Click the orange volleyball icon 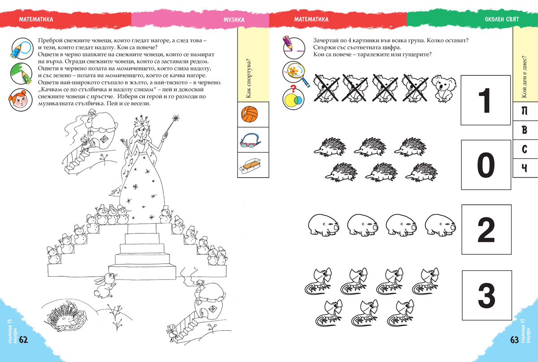pyautogui.click(x=250, y=114)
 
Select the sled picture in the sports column pyautogui.click(x=251, y=166)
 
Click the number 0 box pyautogui.click(x=486, y=165)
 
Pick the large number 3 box pyautogui.click(x=487, y=296)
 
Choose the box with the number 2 pyautogui.click(x=486, y=230)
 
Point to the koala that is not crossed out pyautogui.click(x=443, y=89)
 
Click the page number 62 pyautogui.click(x=23, y=340)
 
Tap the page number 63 pyautogui.click(x=514, y=340)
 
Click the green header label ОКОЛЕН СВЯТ pyautogui.click(x=502, y=19)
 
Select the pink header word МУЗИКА pyautogui.click(x=234, y=20)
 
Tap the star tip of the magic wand pyautogui.click(x=176, y=118)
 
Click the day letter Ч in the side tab pyautogui.click(x=524, y=168)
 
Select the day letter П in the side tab pyautogui.click(x=524, y=111)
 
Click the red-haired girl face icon pyautogui.click(x=21, y=100)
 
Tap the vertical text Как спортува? pyautogui.click(x=248, y=79)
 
